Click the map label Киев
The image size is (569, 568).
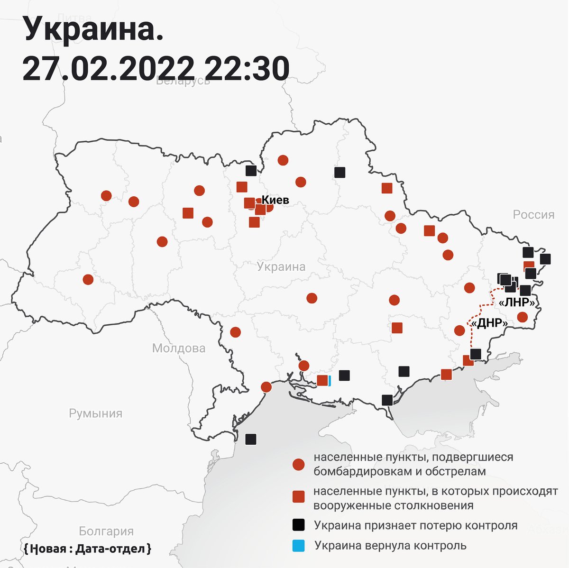[x=275, y=200]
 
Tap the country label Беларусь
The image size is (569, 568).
[x=183, y=80]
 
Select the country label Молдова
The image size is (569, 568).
[x=179, y=348]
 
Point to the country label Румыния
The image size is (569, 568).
[x=96, y=413]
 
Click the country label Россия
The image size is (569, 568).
[x=533, y=215]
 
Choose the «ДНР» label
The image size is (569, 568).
[x=490, y=323]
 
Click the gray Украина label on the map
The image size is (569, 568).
[x=281, y=267]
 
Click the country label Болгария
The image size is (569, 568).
[x=106, y=531]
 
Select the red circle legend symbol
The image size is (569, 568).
[x=298, y=465]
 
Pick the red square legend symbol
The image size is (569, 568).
[x=298, y=496]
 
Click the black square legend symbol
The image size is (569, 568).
[x=298, y=525]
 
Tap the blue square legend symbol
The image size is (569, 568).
[x=298, y=546]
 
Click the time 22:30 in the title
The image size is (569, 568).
[x=248, y=69]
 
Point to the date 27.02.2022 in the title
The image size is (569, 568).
[x=109, y=69]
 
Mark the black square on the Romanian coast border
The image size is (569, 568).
[x=251, y=439]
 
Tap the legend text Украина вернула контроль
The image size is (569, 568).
[x=391, y=546]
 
